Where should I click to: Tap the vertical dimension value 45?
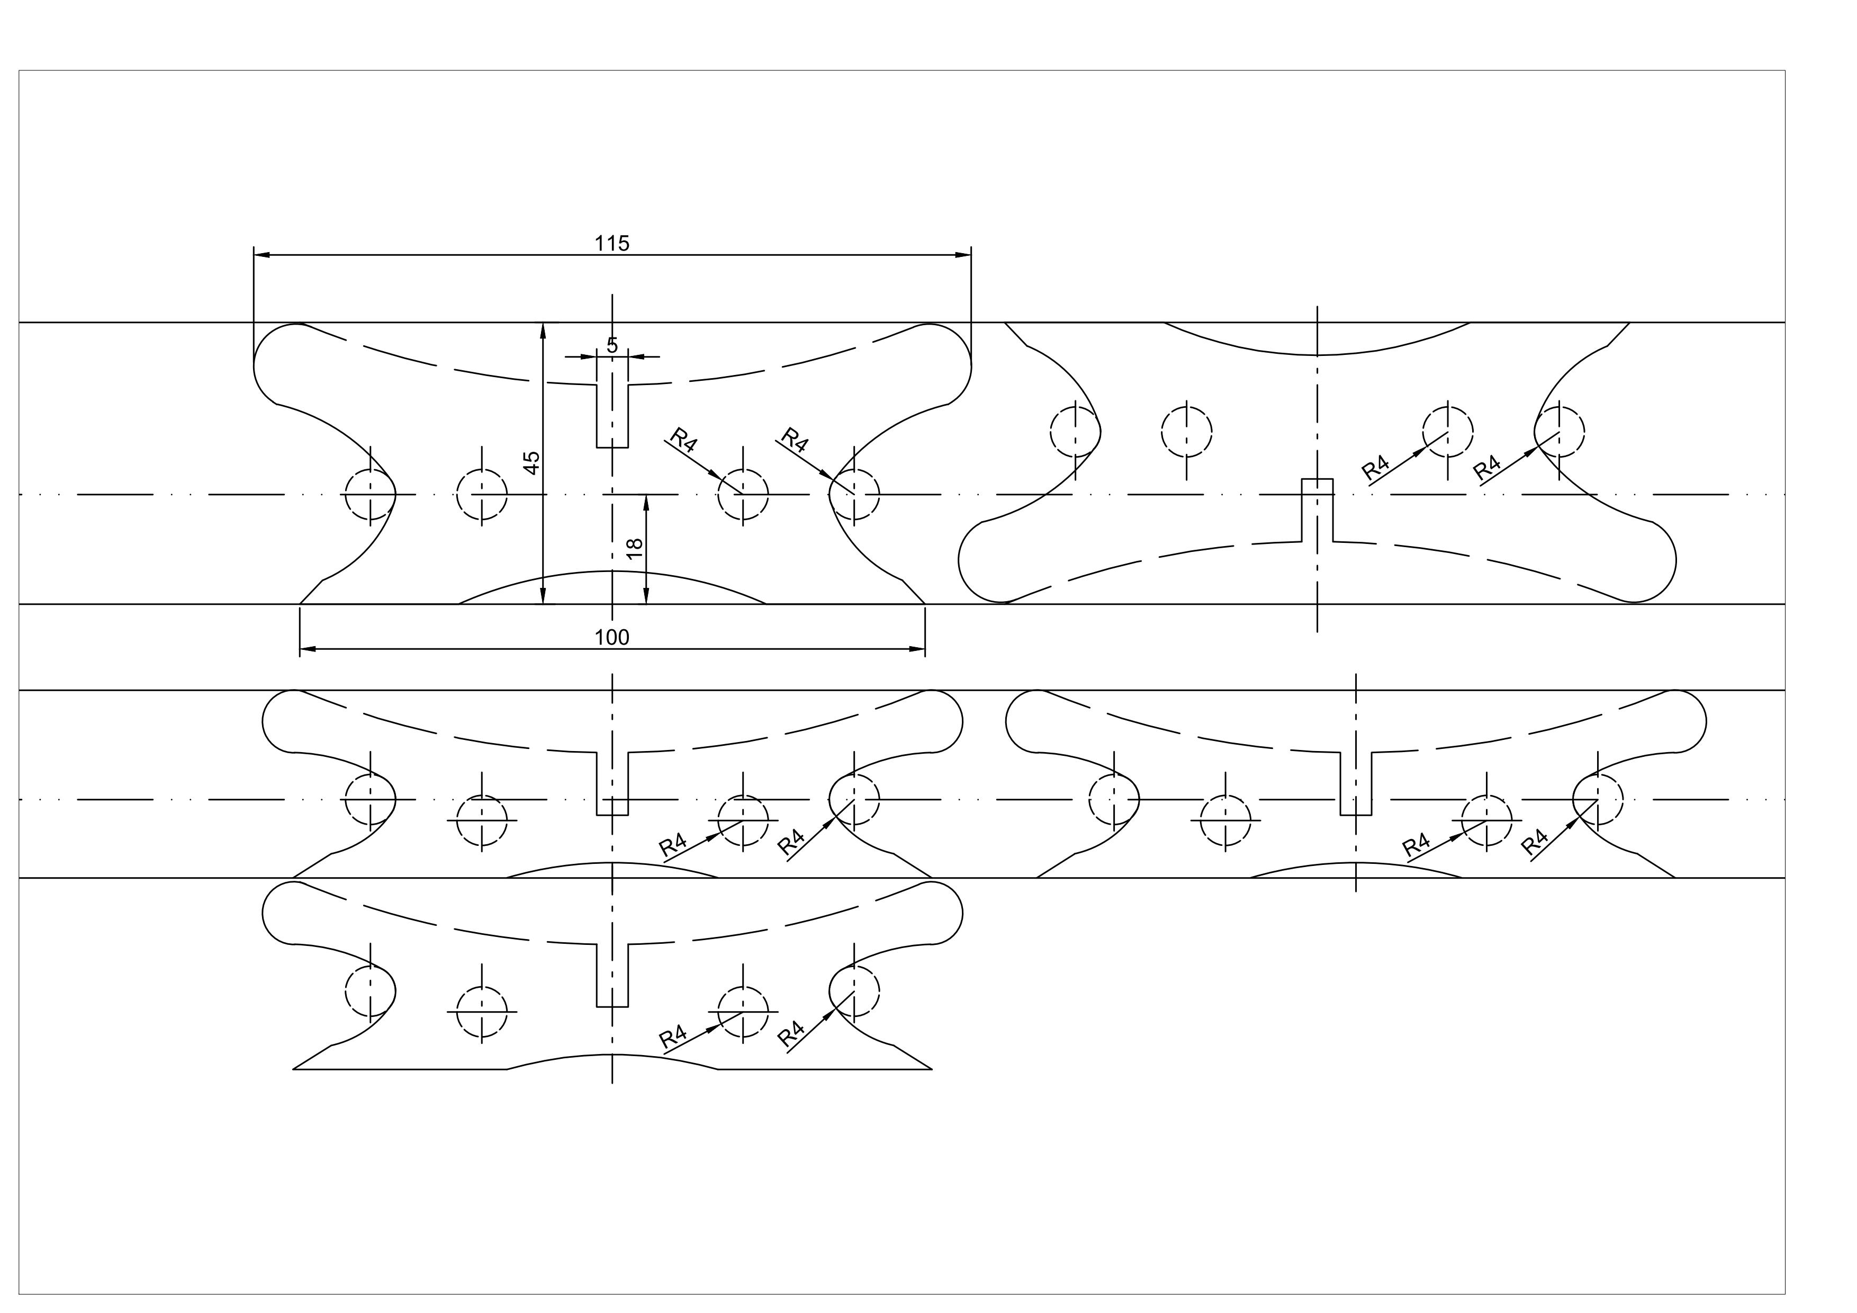531,463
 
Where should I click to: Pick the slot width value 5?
612,345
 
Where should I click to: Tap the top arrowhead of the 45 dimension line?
544,329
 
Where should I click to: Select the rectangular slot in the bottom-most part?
612,975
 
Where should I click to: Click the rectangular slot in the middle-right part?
1356,784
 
